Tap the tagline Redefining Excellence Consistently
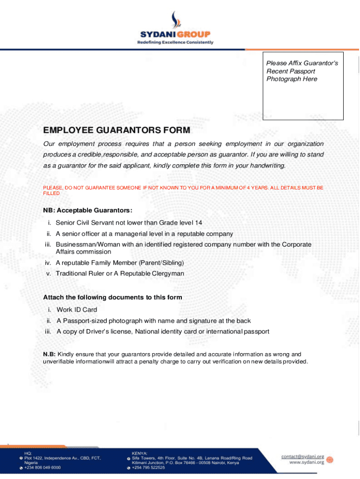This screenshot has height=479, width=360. tap(175, 42)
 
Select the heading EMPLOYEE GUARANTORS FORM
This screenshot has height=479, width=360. tap(117, 130)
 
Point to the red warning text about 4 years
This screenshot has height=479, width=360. tap(183, 190)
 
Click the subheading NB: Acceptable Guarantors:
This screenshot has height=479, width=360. tap(88, 210)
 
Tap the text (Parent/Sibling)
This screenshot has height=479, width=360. tap(160, 262)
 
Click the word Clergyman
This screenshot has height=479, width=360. tap(168, 273)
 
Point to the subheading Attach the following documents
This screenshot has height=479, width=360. tap(113, 298)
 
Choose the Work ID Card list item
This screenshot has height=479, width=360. tap(77, 310)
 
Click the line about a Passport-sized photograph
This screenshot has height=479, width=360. tap(153, 321)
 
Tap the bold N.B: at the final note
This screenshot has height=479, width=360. tap(49, 354)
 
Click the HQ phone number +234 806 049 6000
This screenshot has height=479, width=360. tap(43, 467)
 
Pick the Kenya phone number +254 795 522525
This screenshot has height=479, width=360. tap(148, 467)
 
